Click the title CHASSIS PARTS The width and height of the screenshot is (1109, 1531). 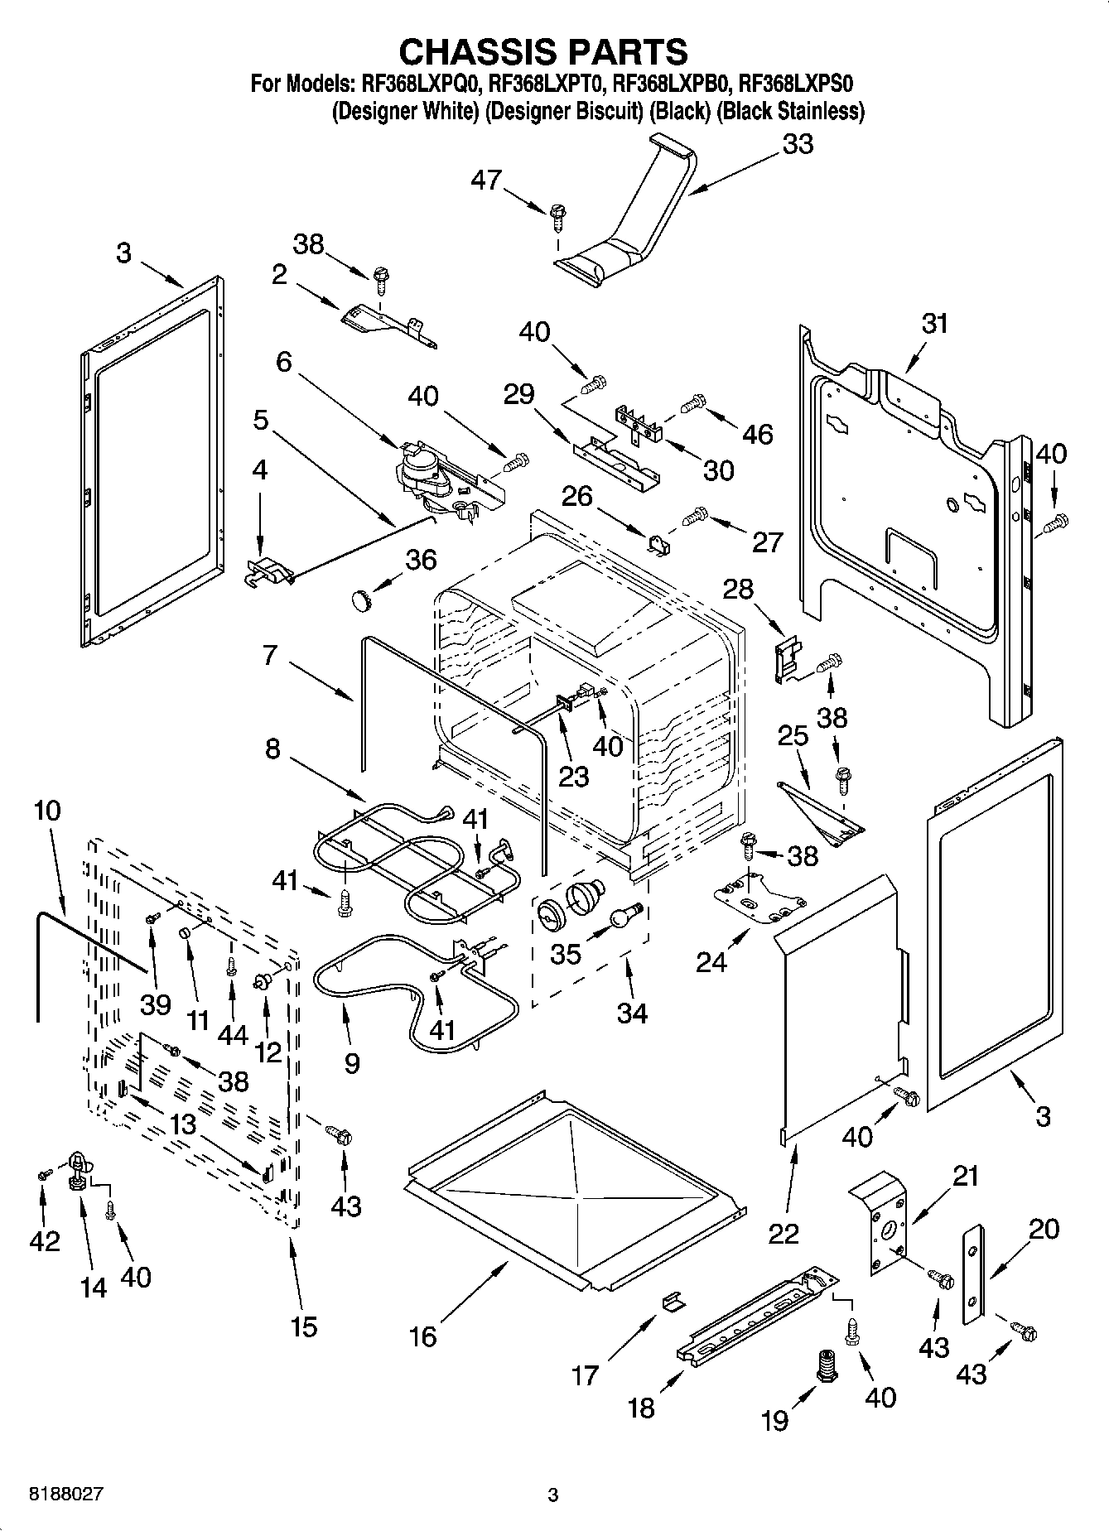[543, 51]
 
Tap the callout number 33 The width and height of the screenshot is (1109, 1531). [798, 144]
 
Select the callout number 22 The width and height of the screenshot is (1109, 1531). [783, 1233]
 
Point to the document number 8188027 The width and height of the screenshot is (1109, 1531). [55, 1495]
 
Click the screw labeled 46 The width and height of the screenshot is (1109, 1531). [692, 404]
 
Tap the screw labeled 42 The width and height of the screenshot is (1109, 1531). [44, 1174]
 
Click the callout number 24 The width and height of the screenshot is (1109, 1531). [711, 962]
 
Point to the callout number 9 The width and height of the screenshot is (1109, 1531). [351, 1062]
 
